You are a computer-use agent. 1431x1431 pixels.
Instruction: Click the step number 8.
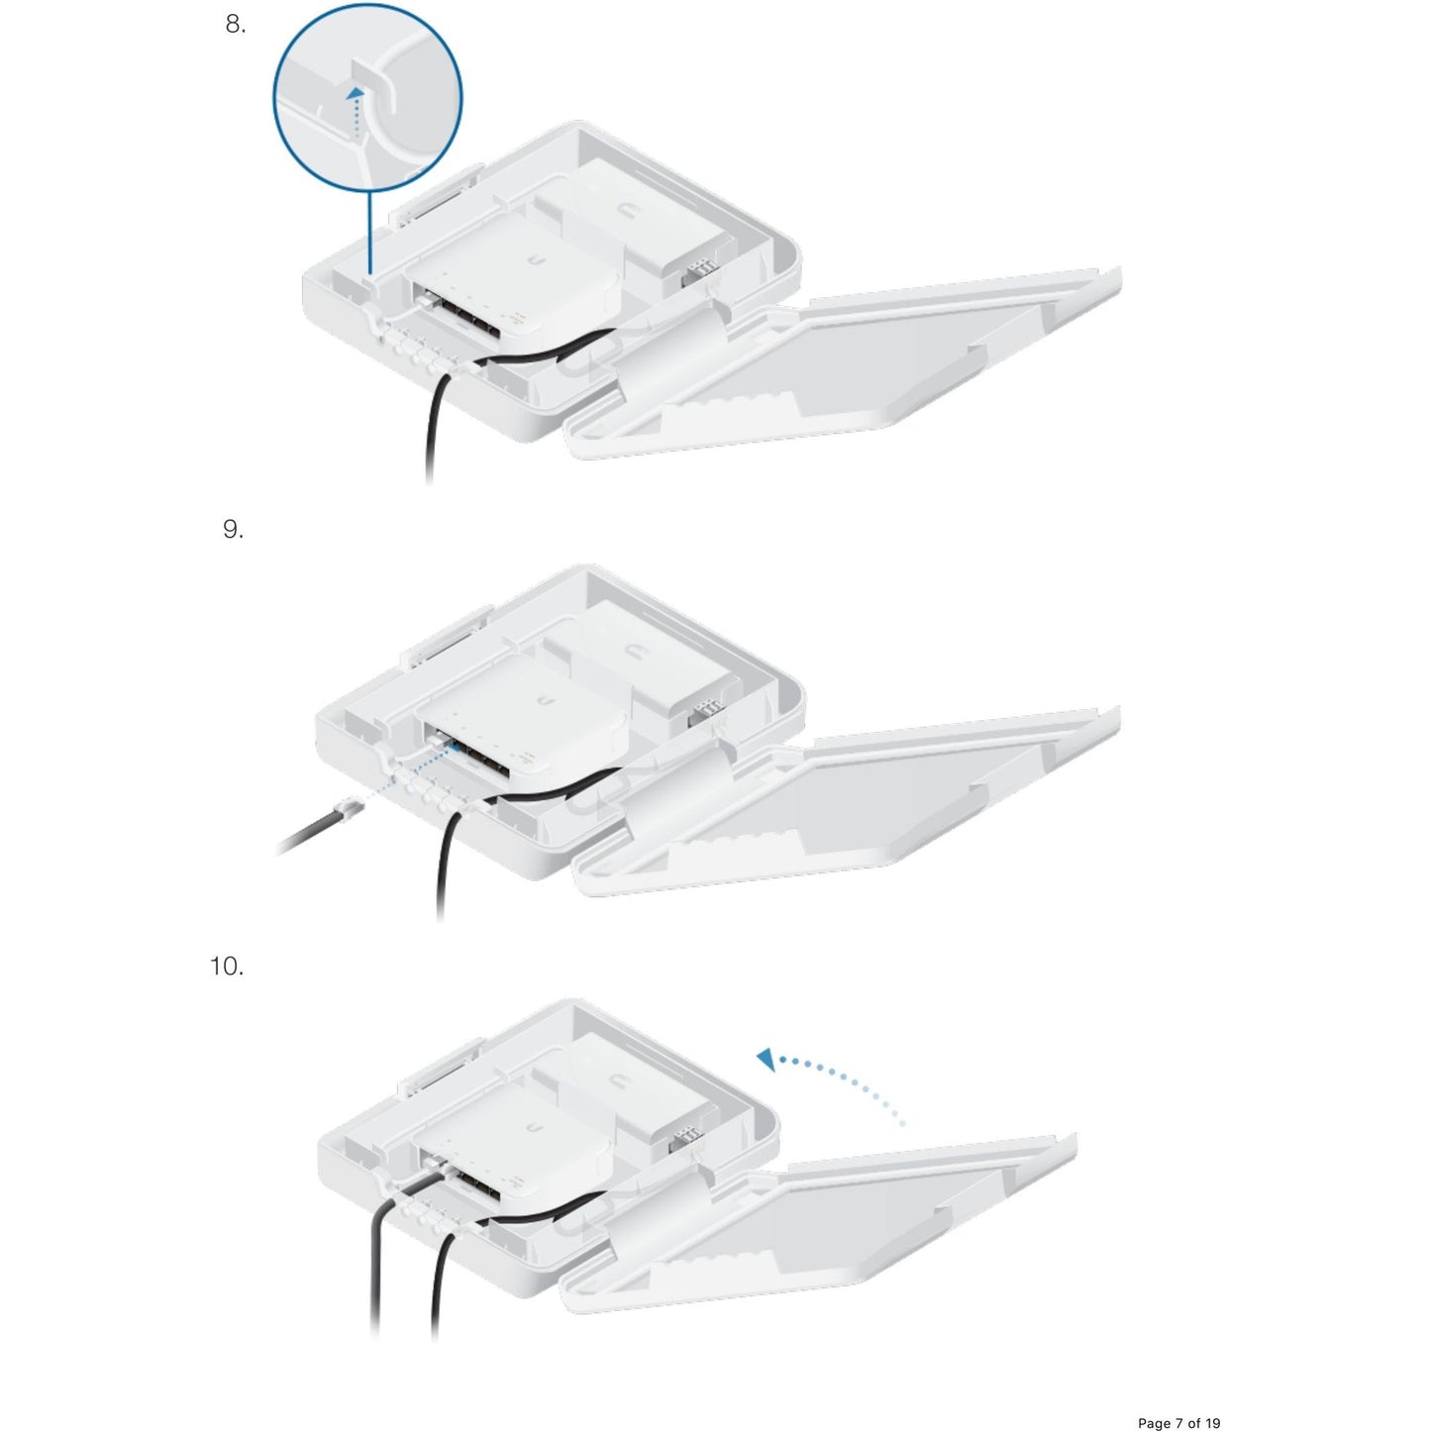(236, 25)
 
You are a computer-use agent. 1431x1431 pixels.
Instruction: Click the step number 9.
(233, 529)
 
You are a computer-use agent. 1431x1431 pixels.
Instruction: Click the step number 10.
(227, 967)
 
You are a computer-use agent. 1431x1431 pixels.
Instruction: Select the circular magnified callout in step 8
(367, 98)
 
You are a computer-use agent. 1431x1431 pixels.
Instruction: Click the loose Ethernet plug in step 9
(349, 806)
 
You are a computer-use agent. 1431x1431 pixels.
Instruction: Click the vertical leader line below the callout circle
(369, 234)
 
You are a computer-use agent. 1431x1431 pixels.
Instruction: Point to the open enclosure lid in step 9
(848, 802)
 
